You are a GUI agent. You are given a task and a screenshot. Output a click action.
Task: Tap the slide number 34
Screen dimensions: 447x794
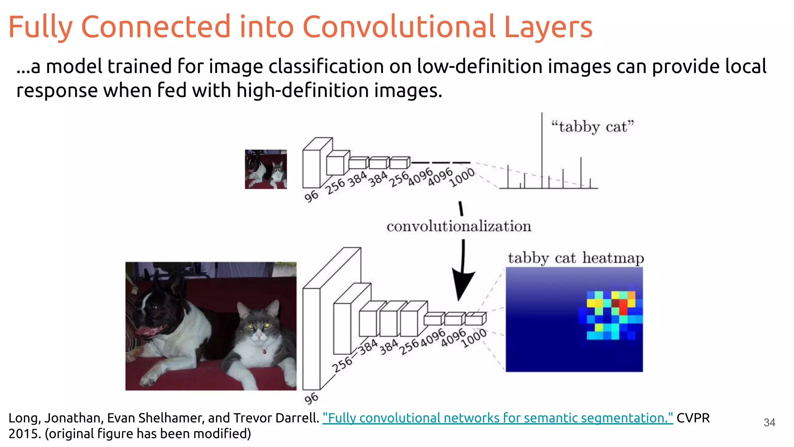pos(769,423)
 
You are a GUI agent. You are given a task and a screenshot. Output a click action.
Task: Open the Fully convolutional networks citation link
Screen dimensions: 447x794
pos(497,418)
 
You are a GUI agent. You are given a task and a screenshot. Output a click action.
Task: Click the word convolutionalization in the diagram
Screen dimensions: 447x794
pos(459,226)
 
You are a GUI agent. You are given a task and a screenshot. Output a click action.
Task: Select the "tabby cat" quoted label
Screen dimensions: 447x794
pos(592,127)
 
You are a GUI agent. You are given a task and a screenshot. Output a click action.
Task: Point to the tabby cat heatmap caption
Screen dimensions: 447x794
pos(576,258)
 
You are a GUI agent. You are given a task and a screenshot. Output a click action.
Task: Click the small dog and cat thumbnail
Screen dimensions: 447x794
pos(266,169)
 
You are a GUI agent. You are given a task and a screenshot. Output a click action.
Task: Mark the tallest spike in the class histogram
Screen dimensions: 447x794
pos(542,147)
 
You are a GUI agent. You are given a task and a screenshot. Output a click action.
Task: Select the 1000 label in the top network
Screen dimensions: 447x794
pos(462,177)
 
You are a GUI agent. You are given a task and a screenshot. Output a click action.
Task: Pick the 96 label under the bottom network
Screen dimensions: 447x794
pos(311,398)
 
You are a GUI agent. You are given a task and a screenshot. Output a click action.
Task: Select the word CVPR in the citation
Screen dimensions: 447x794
pos(693,418)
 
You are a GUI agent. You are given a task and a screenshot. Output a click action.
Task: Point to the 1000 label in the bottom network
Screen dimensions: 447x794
pos(474,338)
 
